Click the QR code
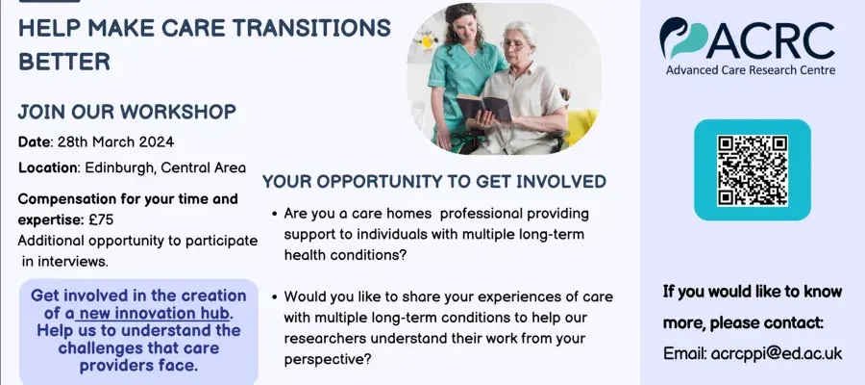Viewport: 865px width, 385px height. pyautogui.click(x=753, y=170)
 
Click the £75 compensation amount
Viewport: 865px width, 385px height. pyautogui.click(x=101, y=219)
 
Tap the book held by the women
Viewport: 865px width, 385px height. pyautogui.click(x=483, y=107)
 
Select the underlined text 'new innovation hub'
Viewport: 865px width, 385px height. pyautogui.click(x=152, y=313)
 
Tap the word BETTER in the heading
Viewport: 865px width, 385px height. pyautogui.click(x=64, y=62)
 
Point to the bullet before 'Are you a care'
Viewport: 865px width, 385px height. pyautogui.click(x=274, y=215)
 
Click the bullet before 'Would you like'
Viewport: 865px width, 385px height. pyautogui.click(x=274, y=297)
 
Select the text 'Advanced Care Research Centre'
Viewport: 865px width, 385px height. pyautogui.click(x=751, y=70)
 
